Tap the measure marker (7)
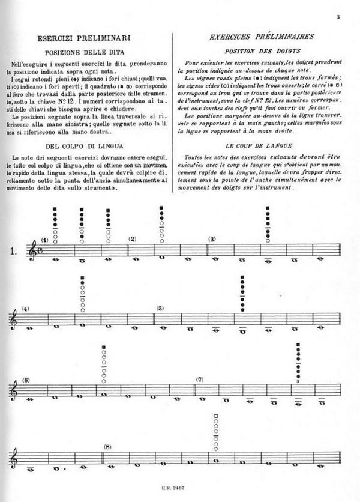point(200,380)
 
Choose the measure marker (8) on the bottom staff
point(108,446)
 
